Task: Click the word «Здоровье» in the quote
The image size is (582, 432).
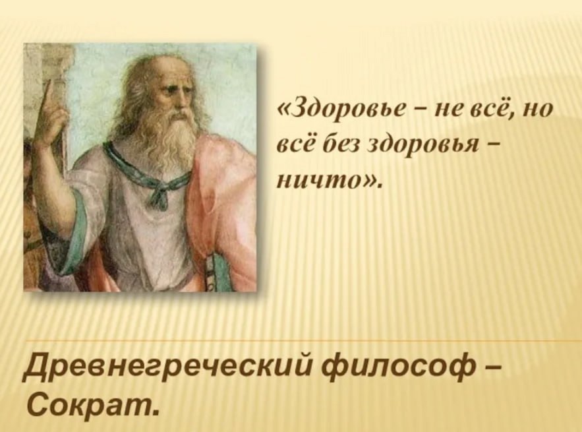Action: click(346, 111)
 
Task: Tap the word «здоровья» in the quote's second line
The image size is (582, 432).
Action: click(424, 146)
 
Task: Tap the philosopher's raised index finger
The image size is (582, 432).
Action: click(48, 96)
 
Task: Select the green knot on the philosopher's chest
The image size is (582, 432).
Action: click(156, 193)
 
